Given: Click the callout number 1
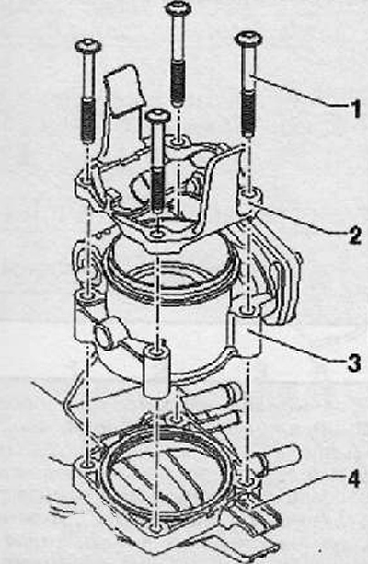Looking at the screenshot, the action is (x=355, y=109).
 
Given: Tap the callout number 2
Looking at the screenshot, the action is (x=355, y=236).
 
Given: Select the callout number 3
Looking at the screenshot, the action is (x=354, y=363).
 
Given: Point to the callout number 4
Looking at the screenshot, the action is (x=353, y=479).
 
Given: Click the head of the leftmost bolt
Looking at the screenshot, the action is (x=87, y=46).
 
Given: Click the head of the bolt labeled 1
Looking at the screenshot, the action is (x=248, y=38).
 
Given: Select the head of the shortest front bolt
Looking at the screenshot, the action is (x=157, y=116).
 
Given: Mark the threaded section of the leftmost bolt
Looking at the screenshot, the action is (x=88, y=119).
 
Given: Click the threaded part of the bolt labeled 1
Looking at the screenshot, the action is (x=249, y=113).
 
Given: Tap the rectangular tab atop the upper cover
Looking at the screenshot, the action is (x=124, y=91).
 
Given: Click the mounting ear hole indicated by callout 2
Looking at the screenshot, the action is (x=248, y=195).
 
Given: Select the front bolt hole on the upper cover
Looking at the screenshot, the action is (x=156, y=234).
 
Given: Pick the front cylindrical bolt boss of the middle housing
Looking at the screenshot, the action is (x=156, y=371).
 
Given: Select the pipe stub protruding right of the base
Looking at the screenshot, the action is (x=280, y=458).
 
